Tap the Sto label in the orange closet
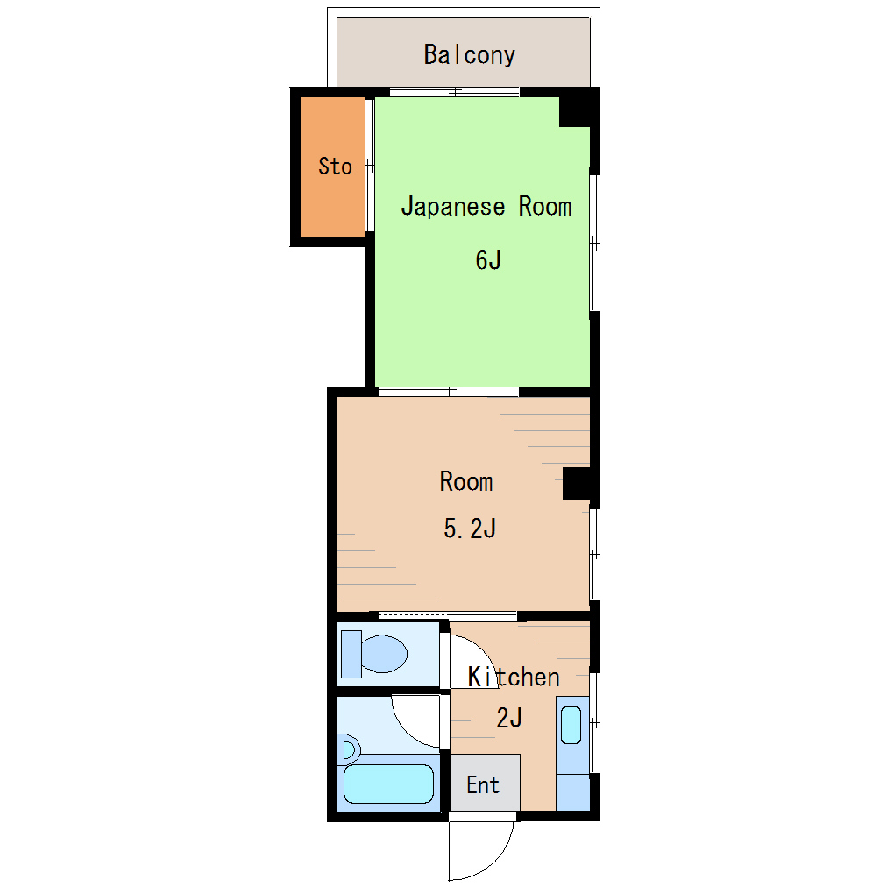(335, 167)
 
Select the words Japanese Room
(486, 206)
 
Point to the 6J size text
(488, 260)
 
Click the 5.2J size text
(470, 529)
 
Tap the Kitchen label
(513, 677)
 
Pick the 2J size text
(509, 718)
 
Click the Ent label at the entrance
(483, 785)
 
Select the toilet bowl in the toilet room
(384, 654)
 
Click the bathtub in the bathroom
(389, 784)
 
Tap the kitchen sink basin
(571, 725)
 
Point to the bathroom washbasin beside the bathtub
(349, 749)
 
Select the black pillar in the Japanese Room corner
(577, 111)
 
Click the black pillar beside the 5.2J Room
(578, 484)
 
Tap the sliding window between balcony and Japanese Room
(454, 92)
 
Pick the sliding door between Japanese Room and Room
(449, 392)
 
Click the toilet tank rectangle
(351, 654)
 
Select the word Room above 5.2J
(465, 482)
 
